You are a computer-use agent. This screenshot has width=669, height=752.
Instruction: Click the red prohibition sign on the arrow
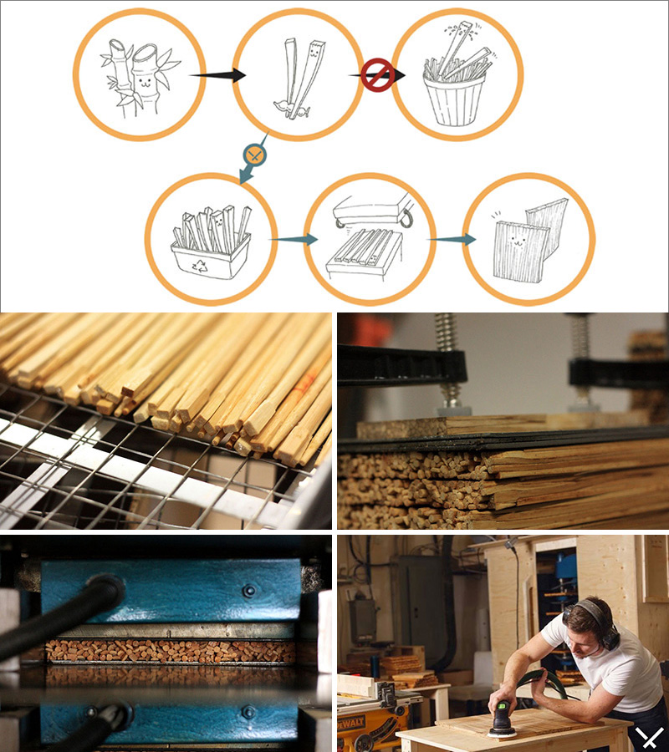(378, 74)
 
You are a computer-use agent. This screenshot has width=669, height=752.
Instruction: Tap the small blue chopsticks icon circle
(255, 155)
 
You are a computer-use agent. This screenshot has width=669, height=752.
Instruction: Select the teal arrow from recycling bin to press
(294, 239)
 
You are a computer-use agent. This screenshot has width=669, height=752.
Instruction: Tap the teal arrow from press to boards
(452, 239)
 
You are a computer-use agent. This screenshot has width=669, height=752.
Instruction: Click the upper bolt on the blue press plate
(248, 591)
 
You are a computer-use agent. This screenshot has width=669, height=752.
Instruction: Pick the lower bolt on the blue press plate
(248, 712)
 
